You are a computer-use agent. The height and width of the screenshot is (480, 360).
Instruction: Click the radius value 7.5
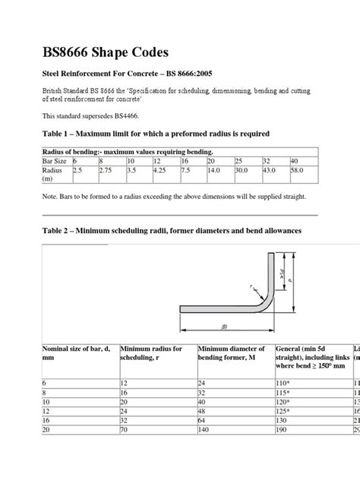coord(185,171)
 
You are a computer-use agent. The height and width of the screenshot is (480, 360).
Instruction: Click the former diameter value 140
coord(206,429)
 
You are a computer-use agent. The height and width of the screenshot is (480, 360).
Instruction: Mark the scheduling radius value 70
coord(124,429)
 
